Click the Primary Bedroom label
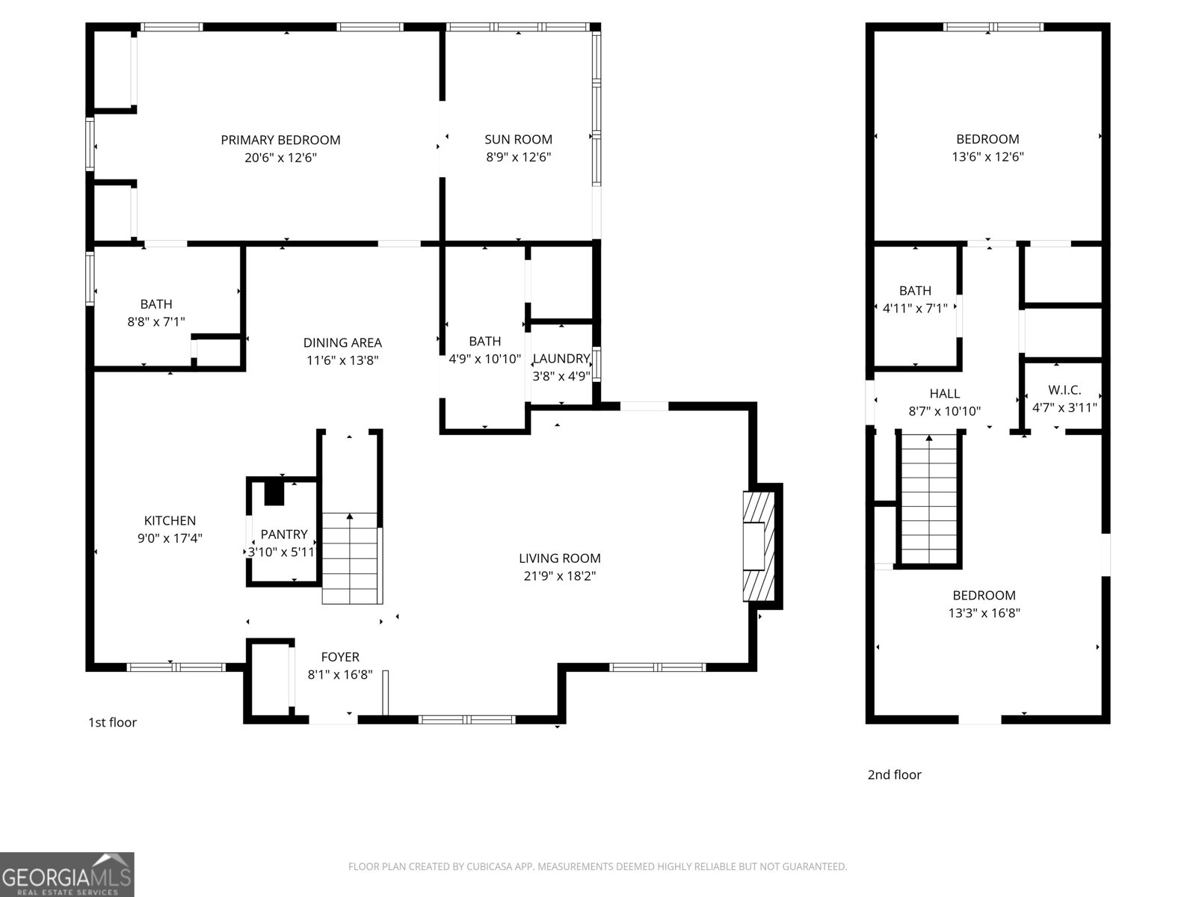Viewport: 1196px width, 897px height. tap(280, 140)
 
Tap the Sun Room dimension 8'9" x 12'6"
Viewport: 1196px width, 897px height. tap(518, 157)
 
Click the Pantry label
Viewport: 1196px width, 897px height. tap(283, 534)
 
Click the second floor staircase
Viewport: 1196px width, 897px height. tap(928, 499)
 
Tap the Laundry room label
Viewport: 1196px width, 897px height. tap(561, 359)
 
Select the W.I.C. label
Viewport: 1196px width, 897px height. tap(1064, 390)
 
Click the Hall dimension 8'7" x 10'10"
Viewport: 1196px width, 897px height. tap(944, 411)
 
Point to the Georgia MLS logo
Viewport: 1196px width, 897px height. tap(67, 874)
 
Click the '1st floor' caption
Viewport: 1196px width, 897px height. tap(112, 722)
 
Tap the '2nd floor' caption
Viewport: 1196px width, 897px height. tap(894, 774)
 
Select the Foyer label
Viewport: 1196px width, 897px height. tap(340, 657)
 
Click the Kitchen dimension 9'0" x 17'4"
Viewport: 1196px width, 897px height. tap(170, 538)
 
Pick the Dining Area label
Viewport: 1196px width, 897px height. tap(342, 343)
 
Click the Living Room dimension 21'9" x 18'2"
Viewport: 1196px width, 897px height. tap(560, 576)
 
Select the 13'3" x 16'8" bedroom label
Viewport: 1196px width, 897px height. tap(984, 596)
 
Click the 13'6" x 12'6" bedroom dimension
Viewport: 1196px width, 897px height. tap(987, 157)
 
